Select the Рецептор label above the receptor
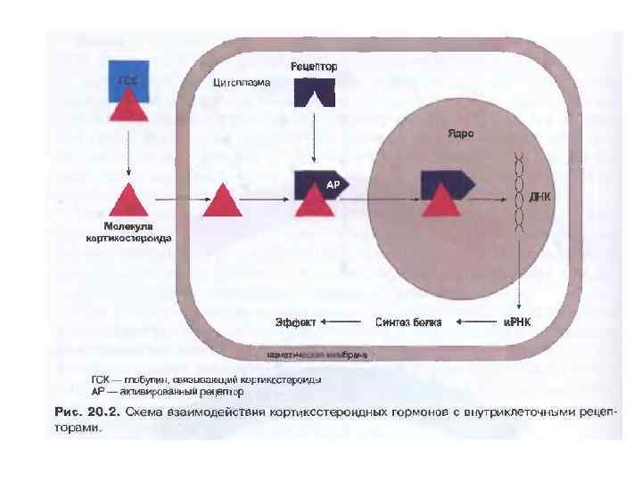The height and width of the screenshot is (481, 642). (314, 67)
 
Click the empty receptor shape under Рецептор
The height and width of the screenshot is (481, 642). (314, 93)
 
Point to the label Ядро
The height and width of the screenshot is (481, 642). (460, 134)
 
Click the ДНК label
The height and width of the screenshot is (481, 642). (540, 194)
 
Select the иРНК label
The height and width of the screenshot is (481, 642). (516, 321)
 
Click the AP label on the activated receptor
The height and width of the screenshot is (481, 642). (333, 184)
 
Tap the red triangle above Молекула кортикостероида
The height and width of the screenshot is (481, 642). (128, 200)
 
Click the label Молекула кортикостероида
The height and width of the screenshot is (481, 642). (128, 232)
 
